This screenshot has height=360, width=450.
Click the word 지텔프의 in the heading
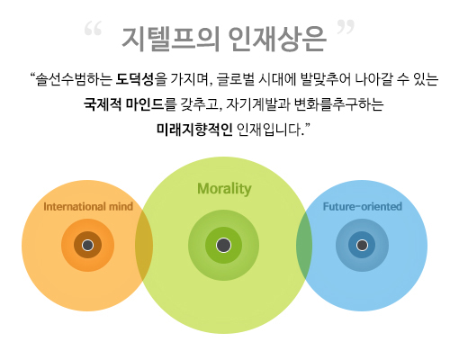(x=170, y=40)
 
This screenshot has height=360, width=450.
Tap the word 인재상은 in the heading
(x=277, y=40)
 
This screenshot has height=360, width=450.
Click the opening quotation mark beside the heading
(x=93, y=29)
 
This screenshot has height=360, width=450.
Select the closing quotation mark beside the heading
(x=346, y=27)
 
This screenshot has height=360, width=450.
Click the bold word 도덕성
(x=135, y=79)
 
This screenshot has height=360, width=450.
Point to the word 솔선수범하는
(x=74, y=79)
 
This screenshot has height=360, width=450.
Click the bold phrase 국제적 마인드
(x=124, y=104)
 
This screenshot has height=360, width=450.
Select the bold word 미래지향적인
(x=194, y=130)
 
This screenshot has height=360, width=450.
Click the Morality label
(x=224, y=189)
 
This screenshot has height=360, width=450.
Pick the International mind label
(x=88, y=206)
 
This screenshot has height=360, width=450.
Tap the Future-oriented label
(x=363, y=206)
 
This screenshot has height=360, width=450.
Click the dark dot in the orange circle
(x=87, y=245)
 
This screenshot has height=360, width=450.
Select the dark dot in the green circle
(x=223, y=245)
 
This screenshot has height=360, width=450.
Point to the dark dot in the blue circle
(x=362, y=245)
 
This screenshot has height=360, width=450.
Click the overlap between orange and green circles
(x=144, y=246)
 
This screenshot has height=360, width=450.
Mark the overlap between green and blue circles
(x=304, y=246)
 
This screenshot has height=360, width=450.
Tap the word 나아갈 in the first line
(x=373, y=79)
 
